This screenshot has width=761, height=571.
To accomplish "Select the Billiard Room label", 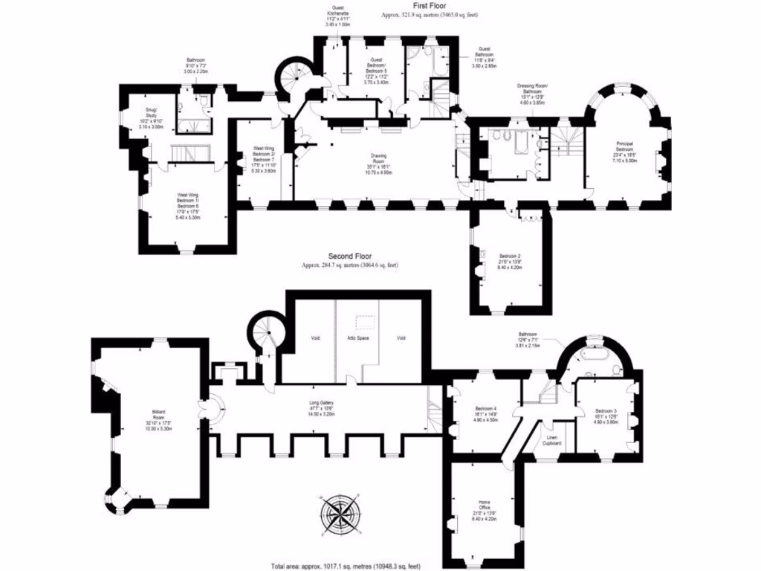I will click(154, 416).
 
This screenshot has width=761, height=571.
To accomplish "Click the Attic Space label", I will click(358, 338).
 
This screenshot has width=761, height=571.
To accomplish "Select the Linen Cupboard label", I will click(551, 441).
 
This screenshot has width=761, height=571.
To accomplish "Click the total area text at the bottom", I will click(350, 566).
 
